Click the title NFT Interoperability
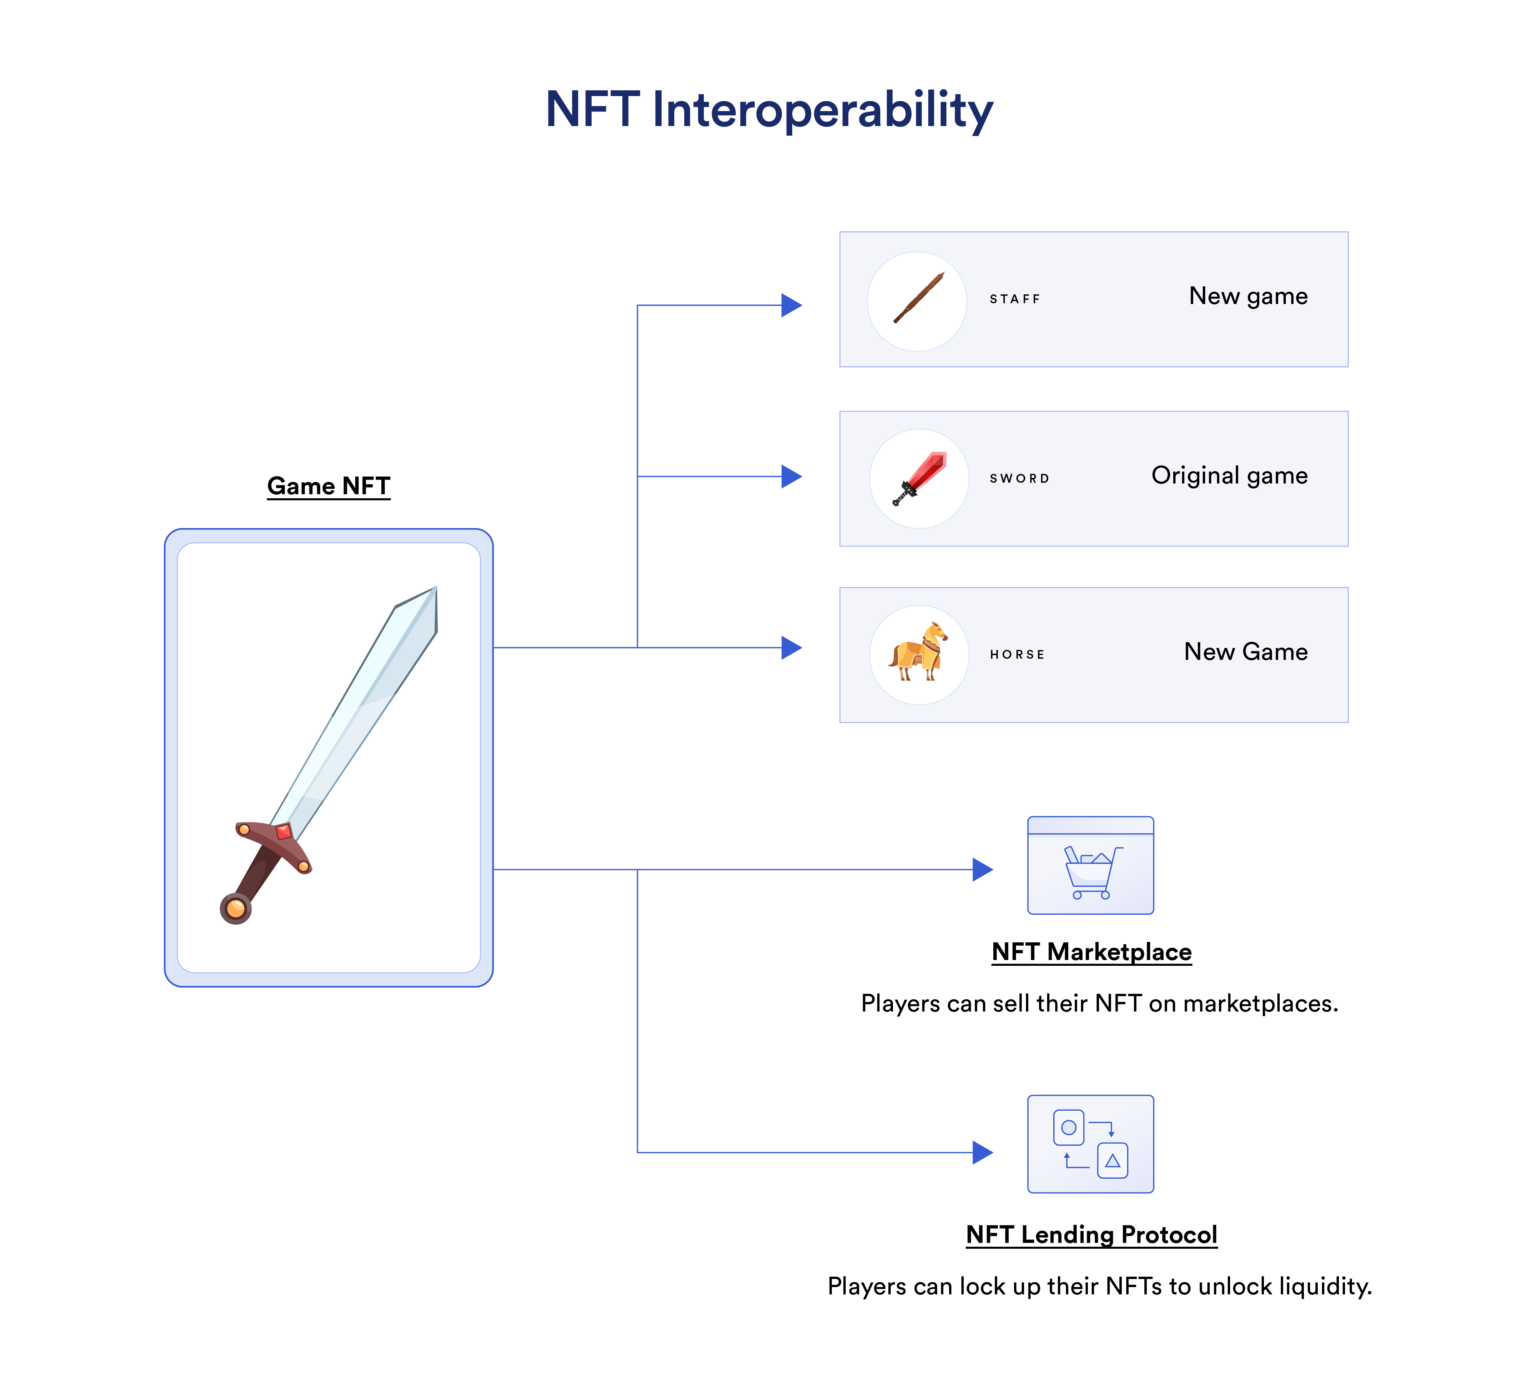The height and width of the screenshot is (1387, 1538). [769, 109]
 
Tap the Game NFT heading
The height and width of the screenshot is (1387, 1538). [329, 485]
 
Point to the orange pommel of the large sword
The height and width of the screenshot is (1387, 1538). [236, 909]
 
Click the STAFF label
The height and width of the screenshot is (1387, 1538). [1014, 299]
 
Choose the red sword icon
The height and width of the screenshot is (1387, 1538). [919, 478]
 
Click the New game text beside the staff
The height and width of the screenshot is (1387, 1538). [1248, 296]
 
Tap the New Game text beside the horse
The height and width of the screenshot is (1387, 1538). [1245, 651]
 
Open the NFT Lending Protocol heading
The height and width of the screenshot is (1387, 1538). [1091, 1234]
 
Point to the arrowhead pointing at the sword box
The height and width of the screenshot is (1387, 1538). [792, 476]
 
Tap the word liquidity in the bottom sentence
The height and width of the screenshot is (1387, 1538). [1325, 1286]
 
